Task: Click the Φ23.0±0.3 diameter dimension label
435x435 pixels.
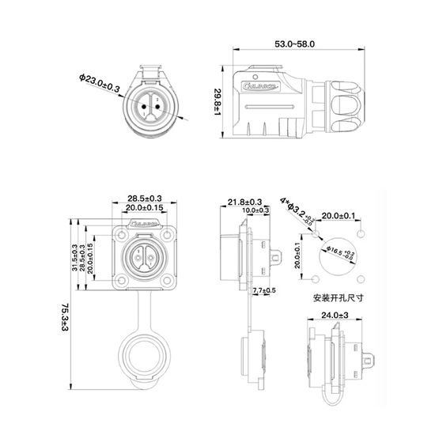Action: (99, 84)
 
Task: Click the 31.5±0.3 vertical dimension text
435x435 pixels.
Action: (74, 256)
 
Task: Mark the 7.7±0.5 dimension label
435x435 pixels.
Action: (263, 291)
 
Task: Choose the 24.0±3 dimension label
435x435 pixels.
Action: (337, 316)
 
